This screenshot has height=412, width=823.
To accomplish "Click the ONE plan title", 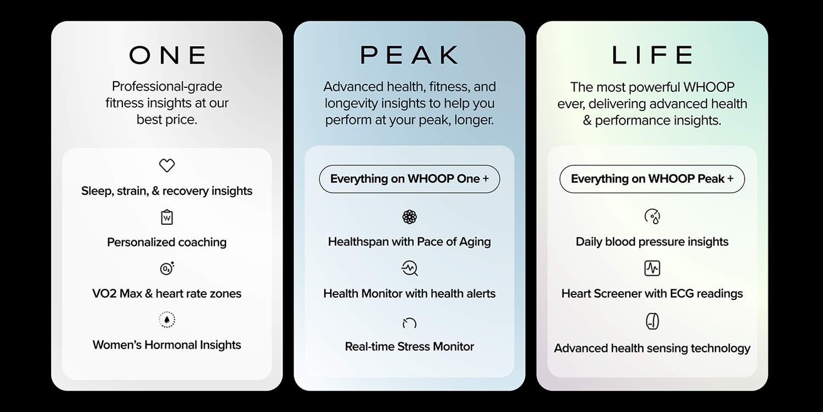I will click(167, 55).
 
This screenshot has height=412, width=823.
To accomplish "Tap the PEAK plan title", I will click(409, 55).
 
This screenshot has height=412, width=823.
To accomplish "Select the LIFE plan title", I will click(652, 55).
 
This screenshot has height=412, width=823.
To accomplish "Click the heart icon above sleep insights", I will click(167, 165).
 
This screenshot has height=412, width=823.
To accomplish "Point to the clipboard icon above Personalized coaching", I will click(167, 217).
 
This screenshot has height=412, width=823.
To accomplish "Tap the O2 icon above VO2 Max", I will click(167, 268).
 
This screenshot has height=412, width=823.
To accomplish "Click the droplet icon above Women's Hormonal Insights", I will click(167, 320).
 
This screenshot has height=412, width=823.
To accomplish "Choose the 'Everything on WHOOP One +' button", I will click(409, 179).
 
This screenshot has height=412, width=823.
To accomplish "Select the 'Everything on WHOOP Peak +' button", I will click(652, 179).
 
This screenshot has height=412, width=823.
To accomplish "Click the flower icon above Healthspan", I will click(409, 217).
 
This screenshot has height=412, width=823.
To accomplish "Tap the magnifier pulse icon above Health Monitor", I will click(409, 268).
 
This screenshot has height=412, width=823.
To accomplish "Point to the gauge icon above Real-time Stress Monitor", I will click(409, 322).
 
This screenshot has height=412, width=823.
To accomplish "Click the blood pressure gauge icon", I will click(652, 216).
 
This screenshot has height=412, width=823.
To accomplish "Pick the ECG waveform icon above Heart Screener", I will click(652, 268).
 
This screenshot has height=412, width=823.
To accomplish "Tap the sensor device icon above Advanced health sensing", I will click(652, 321).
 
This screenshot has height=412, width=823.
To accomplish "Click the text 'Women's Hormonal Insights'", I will click(167, 345).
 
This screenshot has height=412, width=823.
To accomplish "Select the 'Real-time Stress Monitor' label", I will click(409, 347).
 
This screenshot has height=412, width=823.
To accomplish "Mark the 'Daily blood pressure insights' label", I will click(652, 242).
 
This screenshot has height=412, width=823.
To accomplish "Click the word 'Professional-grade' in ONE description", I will click(167, 87).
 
